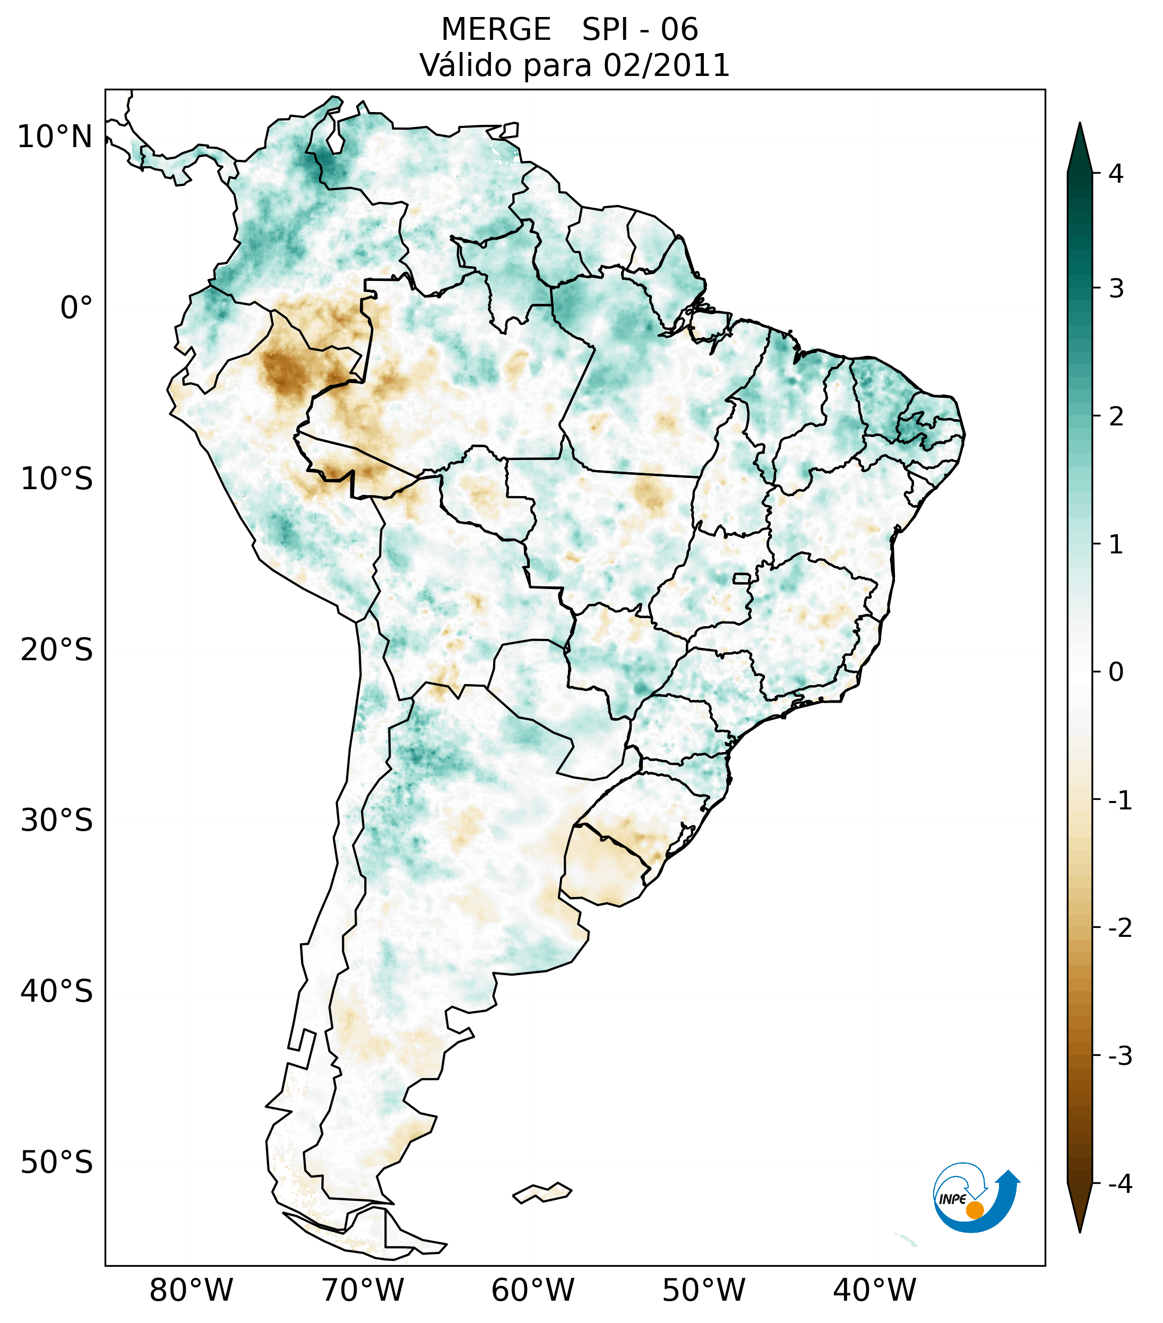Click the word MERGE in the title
495,30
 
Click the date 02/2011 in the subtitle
666,65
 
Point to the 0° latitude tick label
76,308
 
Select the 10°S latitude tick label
57,479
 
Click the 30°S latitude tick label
57,821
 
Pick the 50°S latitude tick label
57,1163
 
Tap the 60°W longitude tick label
532,1291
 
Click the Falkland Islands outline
542,1192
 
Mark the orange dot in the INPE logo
974,1210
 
